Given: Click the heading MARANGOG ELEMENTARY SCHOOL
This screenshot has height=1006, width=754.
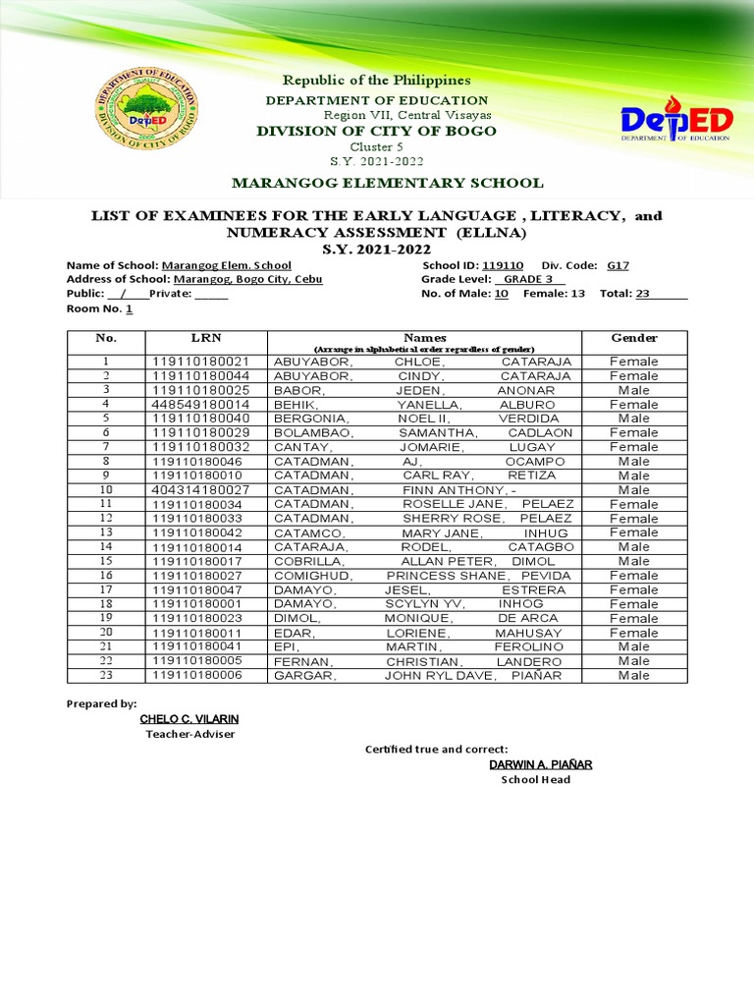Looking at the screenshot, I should click(386, 183).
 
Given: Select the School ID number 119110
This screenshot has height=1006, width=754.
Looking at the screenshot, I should click(504, 265).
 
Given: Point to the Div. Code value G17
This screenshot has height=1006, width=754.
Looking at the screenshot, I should click(618, 265).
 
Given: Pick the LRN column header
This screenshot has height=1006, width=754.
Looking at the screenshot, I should click(206, 338).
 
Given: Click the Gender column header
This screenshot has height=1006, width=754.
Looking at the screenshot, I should click(634, 338).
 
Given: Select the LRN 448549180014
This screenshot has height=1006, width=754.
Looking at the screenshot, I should click(201, 404).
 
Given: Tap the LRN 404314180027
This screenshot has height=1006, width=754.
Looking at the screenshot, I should click(201, 489).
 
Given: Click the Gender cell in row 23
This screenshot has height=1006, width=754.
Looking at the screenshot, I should click(634, 675).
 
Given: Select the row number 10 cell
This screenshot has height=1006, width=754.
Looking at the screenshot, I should click(106, 489).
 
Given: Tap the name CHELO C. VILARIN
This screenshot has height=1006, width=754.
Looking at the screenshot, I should click(189, 719).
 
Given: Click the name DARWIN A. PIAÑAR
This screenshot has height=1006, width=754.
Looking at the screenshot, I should click(541, 764).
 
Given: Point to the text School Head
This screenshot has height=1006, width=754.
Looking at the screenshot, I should click(535, 780).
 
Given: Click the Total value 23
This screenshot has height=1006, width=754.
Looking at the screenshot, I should click(643, 293).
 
